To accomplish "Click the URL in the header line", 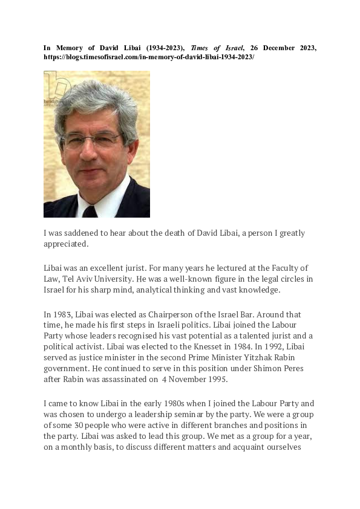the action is point(149,56).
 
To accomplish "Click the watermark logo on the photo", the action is point(56,86).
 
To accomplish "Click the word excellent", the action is point(108,267).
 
